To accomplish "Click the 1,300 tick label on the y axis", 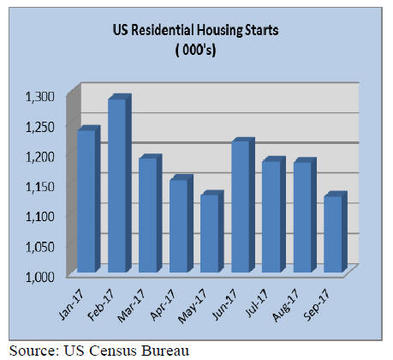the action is [40, 97].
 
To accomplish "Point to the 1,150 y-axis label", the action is [40, 187].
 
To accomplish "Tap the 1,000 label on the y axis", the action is [40, 277].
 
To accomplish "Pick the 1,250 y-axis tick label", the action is [40, 127].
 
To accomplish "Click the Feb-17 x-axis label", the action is [101, 304].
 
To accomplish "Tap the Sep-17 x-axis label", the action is [317, 305].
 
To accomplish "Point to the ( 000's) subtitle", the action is [196, 51].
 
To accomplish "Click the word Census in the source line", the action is [114, 351].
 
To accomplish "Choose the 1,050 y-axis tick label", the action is [40, 247].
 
